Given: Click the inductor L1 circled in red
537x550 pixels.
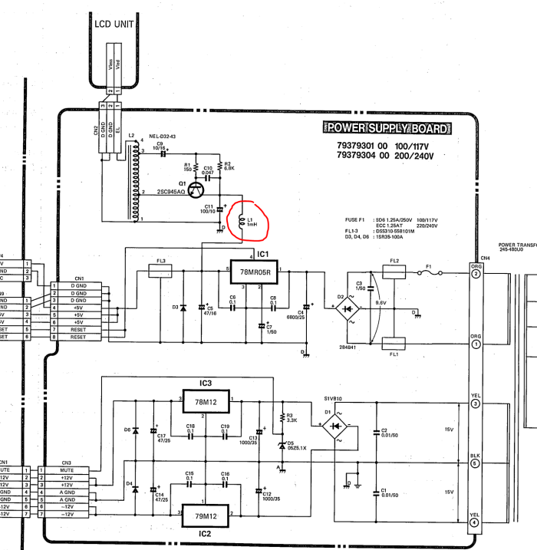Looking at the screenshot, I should pos(242,219).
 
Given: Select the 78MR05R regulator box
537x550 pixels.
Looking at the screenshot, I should pos(255,272).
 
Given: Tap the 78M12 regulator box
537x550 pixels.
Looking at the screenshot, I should pos(207,400).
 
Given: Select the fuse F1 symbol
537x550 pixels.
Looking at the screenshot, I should pos(433,273).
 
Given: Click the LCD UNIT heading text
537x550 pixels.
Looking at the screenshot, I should pos(115,24).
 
